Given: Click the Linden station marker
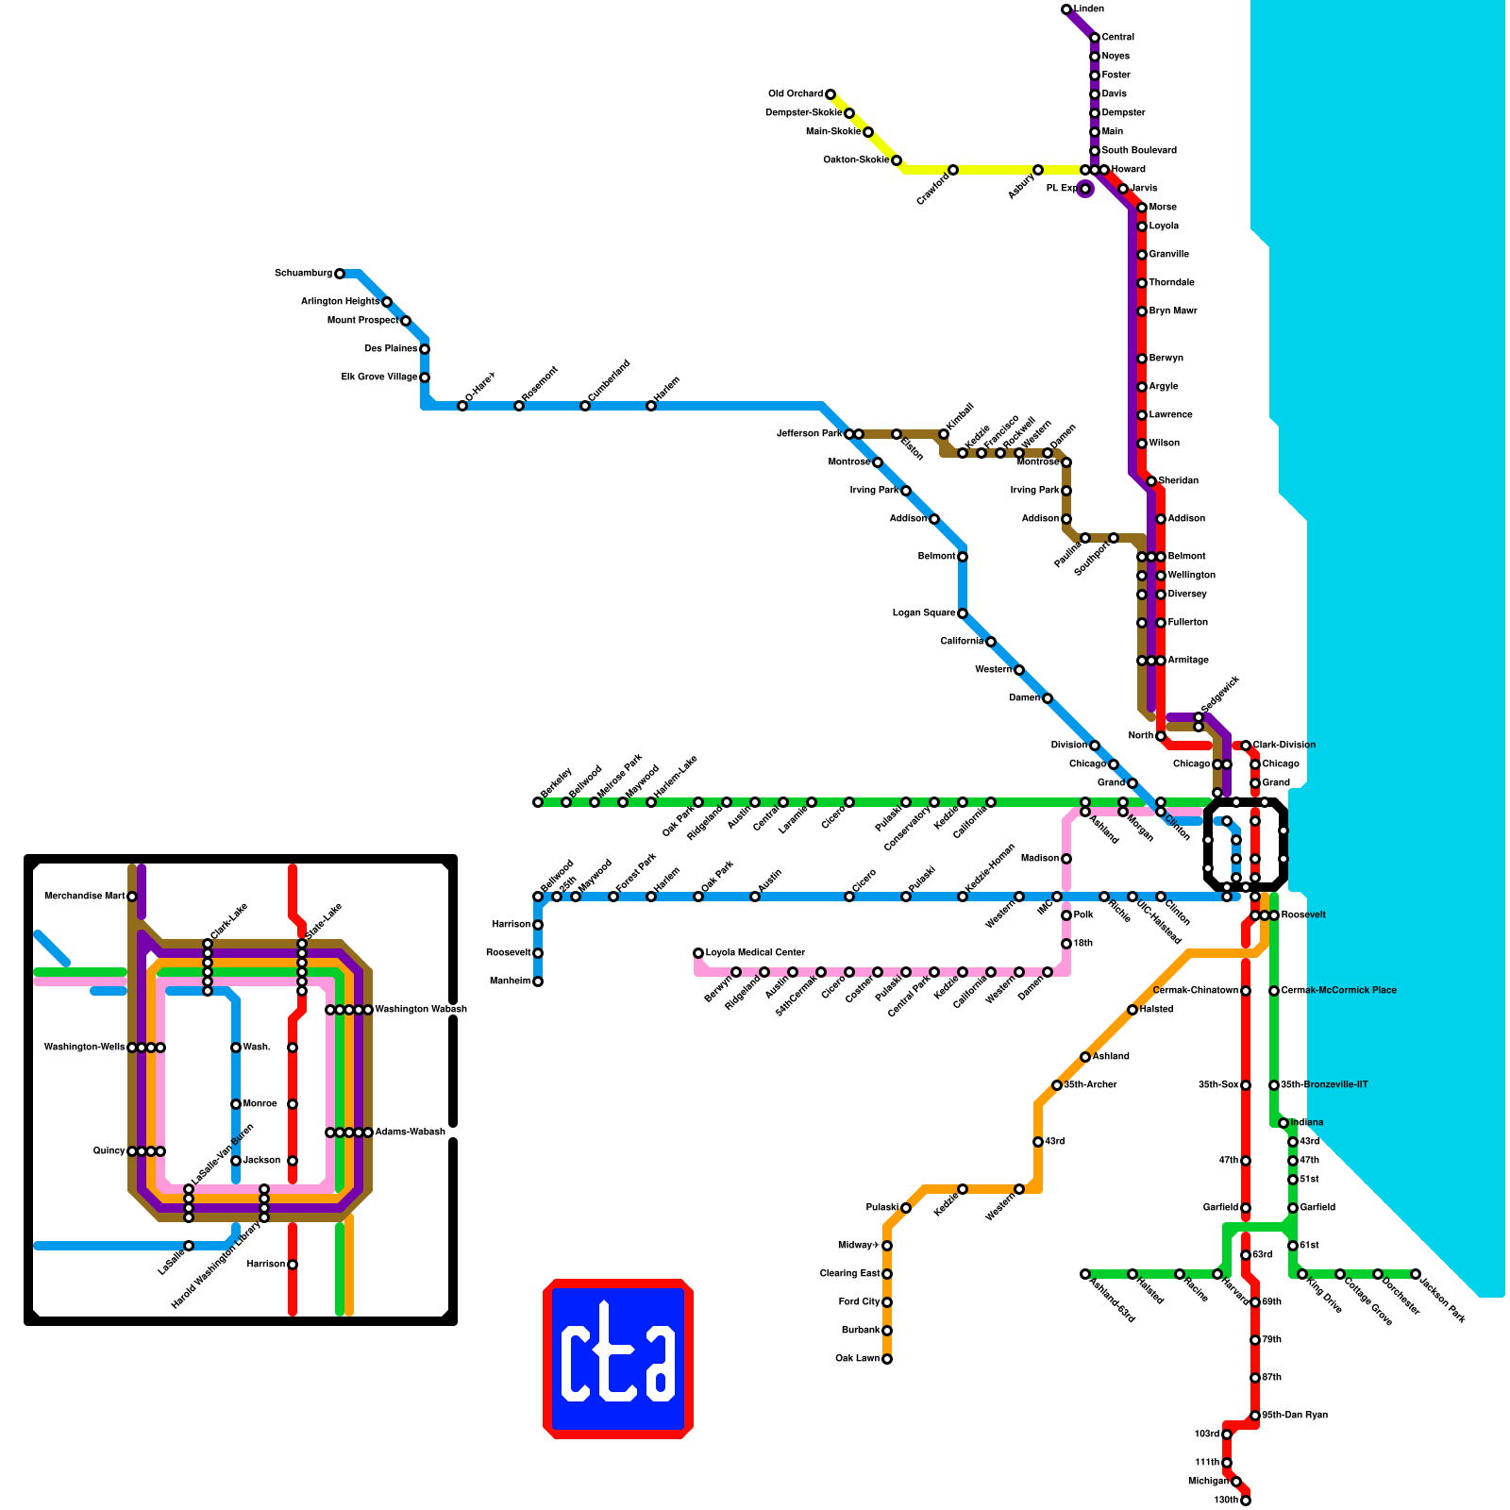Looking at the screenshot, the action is point(1066,9).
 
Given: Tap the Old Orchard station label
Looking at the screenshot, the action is point(795,94).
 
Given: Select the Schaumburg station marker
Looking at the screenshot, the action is point(340,274).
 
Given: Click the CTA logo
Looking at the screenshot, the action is point(618,1359).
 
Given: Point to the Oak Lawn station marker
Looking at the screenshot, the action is point(887,1359).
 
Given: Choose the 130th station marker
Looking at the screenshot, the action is point(1246,1501).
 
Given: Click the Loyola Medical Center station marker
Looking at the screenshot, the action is point(698,953).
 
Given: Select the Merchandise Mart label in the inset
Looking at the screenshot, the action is point(85,897).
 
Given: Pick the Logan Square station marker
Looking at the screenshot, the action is point(963,613).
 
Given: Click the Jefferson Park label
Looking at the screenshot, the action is point(809,434).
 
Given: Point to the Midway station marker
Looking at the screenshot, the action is point(887,1246).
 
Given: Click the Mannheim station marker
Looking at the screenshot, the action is point(538,981).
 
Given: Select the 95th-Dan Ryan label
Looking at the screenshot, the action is point(1295,1416).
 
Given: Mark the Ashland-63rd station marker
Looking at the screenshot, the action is point(1085,1274).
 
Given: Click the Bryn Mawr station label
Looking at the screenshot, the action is point(1172,311).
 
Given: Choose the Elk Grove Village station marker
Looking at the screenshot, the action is point(425,377).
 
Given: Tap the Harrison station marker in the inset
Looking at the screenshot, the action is point(293,1265).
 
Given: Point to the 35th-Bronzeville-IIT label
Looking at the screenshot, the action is point(1324,1085).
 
